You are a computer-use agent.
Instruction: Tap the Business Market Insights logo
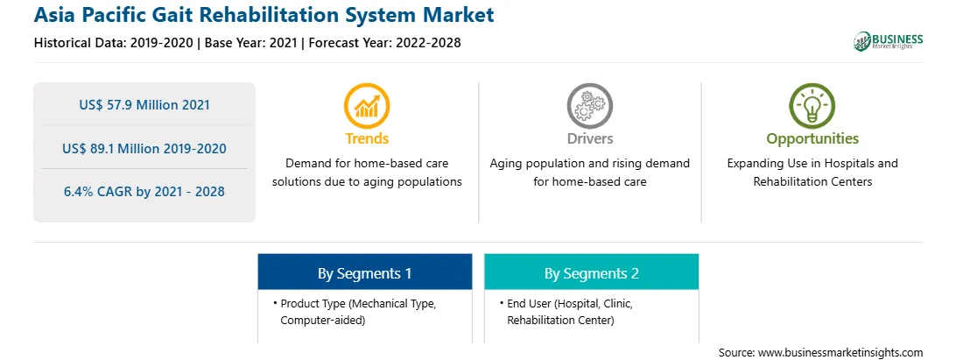pos(889,41)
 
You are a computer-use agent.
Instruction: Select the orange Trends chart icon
pos(367,105)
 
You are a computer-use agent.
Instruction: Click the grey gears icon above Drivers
pos(589,105)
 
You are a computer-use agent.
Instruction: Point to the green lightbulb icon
pos(812,105)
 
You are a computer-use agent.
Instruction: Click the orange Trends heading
pos(367,138)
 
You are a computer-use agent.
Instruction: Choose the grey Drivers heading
pos(590,138)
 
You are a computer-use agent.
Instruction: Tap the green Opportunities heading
pos(812,139)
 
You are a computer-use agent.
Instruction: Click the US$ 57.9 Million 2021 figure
pos(144,105)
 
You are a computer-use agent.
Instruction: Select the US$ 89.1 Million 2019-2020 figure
pos(144,148)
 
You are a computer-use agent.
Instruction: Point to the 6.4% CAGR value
pos(144,192)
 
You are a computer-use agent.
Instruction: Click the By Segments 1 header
pos(364,273)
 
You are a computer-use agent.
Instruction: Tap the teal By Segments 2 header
pos(592,273)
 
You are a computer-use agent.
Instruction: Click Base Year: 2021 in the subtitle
pos(250,43)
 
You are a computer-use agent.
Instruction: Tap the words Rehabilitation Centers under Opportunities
pos(812,182)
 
